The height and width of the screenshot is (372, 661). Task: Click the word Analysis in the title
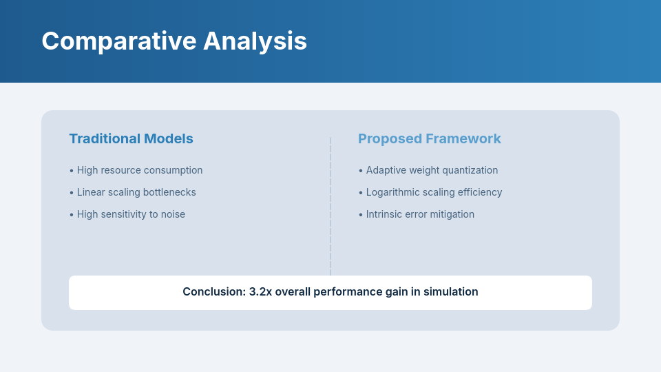[255, 41]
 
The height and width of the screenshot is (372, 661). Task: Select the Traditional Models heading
[131, 138]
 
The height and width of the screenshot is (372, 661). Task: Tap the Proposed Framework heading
[429, 138]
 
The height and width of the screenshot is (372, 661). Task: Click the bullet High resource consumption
[139, 170]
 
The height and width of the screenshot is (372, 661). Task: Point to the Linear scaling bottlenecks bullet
[136, 192]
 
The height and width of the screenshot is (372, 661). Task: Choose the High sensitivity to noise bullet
[130, 214]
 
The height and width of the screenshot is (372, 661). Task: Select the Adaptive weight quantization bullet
[431, 170]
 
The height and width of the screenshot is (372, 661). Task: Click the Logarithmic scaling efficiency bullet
[433, 192]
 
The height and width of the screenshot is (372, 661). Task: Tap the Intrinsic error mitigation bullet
[419, 214]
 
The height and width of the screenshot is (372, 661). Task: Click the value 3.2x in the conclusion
[260, 292]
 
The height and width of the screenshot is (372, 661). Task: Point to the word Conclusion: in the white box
[213, 292]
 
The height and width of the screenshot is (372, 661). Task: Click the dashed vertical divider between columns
[330, 207]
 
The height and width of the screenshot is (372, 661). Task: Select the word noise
[173, 214]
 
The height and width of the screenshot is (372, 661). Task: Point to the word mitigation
[452, 214]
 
